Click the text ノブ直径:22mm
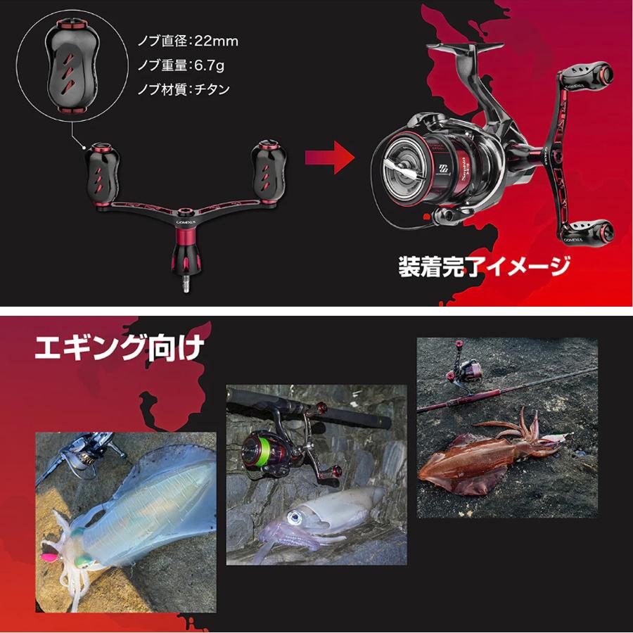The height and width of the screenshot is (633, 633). [x=188, y=41]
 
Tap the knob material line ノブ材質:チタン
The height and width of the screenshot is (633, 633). [x=184, y=90]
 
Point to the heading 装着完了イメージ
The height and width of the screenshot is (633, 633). [x=483, y=265]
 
